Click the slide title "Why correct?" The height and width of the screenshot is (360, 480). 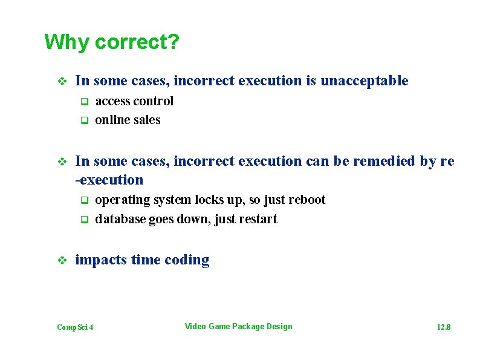112,43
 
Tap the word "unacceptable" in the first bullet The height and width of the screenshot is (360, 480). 364,81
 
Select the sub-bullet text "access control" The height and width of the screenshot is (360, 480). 134,101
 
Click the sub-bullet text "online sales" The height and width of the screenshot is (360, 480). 128,120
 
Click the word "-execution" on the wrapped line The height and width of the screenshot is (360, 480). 109,180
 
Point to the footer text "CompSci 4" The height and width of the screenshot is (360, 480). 75,327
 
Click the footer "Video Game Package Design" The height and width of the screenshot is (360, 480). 238,327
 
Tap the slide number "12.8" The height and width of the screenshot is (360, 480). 444,327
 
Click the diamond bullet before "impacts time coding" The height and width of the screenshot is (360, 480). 60,261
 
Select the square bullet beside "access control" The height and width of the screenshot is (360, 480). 85,101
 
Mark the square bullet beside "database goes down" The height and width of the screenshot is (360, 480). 85,219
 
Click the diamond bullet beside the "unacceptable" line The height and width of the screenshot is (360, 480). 60,81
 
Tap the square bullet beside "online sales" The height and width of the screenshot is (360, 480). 85,120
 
